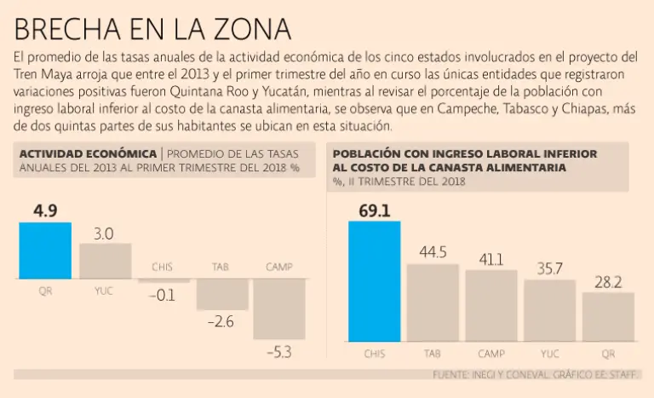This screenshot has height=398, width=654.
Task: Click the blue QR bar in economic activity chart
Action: click(x=45, y=251)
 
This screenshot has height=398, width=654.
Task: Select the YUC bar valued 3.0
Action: click(x=105, y=262)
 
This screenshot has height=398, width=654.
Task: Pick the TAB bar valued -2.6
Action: click(x=220, y=294)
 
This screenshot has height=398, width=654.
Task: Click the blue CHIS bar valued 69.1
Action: click(x=374, y=280)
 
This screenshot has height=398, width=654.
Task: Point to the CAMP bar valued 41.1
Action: click(x=490, y=305)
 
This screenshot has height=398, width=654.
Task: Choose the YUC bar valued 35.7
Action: click(x=549, y=310)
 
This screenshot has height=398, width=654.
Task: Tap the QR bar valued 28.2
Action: click(x=608, y=316)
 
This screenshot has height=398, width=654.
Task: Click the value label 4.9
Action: click(x=45, y=211)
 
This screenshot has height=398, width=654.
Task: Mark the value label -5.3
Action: click(x=278, y=352)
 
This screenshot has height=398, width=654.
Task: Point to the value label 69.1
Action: click(x=374, y=210)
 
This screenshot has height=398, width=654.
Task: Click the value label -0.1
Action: click(x=162, y=296)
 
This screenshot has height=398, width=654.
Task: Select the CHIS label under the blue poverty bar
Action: click(x=374, y=351)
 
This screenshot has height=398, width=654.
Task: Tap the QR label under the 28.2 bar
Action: click(x=608, y=351)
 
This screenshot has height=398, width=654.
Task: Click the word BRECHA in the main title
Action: click(x=66, y=29)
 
